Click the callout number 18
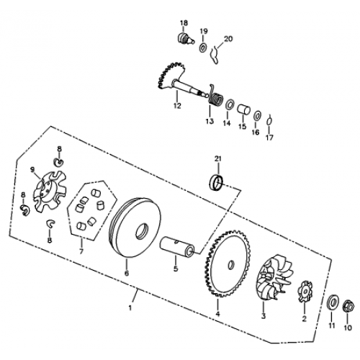tap(184, 23)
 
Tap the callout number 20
tap(228, 39)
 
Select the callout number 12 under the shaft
tap(177, 106)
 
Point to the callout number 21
tap(218, 159)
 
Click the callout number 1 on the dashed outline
tap(130, 307)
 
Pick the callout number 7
tap(81, 251)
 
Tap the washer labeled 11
tap(333, 303)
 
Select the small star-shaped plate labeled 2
tap(305, 292)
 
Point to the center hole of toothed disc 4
tap(231, 264)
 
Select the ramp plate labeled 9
tap(50, 192)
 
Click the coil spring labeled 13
tap(215, 96)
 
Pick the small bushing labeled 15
tap(243, 110)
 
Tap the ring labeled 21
tap(217, 184)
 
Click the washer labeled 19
tap(203, 47)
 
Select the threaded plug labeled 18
tap(186, 39)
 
